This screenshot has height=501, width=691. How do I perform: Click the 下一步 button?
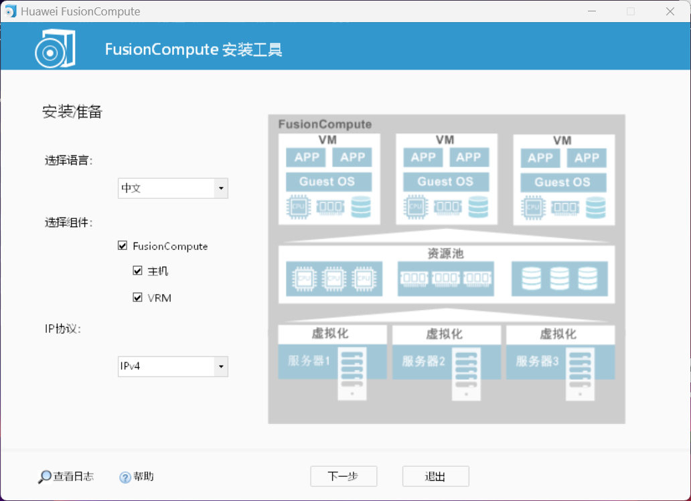(343, 476)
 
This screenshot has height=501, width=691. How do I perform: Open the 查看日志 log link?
(66, 476)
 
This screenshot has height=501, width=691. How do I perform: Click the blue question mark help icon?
(125, 477)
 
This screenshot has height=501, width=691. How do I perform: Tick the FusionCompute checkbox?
(123, 246)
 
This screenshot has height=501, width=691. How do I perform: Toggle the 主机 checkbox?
(138, 271)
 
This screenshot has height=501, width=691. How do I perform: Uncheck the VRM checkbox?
(138, 297)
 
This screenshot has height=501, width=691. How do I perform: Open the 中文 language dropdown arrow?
(221, 188)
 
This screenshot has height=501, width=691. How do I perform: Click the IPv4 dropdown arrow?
(221, 366)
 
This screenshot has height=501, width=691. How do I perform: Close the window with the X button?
(670, 11)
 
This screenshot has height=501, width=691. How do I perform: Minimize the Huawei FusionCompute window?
(591, 11)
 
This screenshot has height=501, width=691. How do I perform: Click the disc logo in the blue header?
(54, 48)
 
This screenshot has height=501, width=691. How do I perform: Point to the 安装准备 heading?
(72, 112)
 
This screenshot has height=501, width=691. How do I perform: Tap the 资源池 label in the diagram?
(446, 254)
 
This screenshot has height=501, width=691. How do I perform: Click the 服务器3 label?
(537, 361)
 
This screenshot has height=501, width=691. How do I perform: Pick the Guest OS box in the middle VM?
(445, 182)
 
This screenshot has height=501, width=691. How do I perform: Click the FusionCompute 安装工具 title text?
(194, 50)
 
